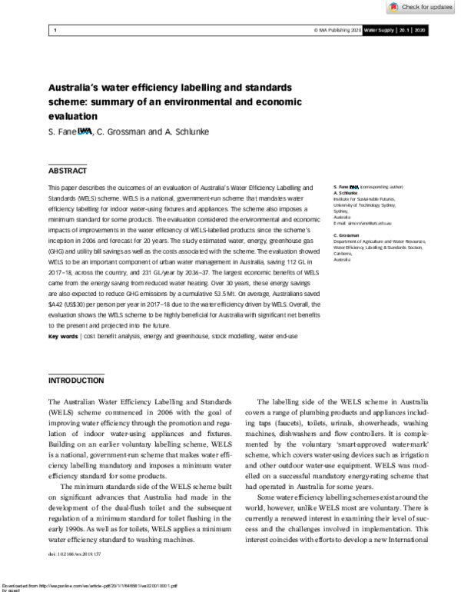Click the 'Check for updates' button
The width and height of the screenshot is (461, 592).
pos(421,7)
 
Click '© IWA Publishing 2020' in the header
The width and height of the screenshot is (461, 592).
pos(337,30)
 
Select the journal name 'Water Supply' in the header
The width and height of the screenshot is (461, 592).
pos(379,30)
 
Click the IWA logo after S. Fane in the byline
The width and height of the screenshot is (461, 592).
pos(85,131)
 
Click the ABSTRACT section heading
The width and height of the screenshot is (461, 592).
pos(68,170)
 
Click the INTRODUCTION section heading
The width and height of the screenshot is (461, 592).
pos(76,381)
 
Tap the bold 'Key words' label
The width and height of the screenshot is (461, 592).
pos(63,336)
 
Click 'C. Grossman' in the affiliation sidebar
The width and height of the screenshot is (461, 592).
pos(348,234)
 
